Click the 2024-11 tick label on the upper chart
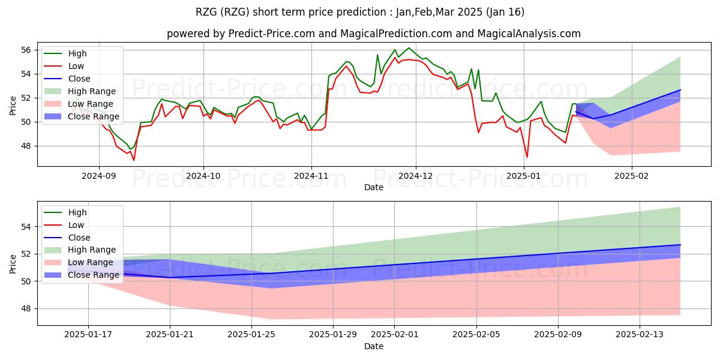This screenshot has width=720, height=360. click(311, 176)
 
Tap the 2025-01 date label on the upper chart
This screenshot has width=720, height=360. click(524, 176)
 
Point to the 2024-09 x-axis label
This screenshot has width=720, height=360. click(98, 176)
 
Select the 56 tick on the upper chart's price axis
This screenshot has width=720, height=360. click(26, 50)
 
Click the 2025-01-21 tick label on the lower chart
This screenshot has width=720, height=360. click(170, 335)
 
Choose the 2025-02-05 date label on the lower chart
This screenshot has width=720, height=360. click(476, 335)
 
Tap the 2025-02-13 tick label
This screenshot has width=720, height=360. click(640, 335)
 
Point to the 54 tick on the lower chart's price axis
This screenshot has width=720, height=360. click(26, 227)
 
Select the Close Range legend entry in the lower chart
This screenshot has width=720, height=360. click(82, 275)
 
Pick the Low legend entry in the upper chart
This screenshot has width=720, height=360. click(64, 66)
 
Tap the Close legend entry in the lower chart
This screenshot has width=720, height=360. click(67, 238)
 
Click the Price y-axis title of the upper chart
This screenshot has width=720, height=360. click(13, 106)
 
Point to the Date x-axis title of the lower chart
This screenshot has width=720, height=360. click(373, 346)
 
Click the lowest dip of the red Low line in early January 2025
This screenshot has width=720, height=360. click(527, 157)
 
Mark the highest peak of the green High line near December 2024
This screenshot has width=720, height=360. click(409, 48)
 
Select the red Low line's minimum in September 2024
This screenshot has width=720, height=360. click(134, 160)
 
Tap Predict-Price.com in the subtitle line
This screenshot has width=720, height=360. click(272, 34)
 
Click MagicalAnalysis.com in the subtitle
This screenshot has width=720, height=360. click(529, 34)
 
